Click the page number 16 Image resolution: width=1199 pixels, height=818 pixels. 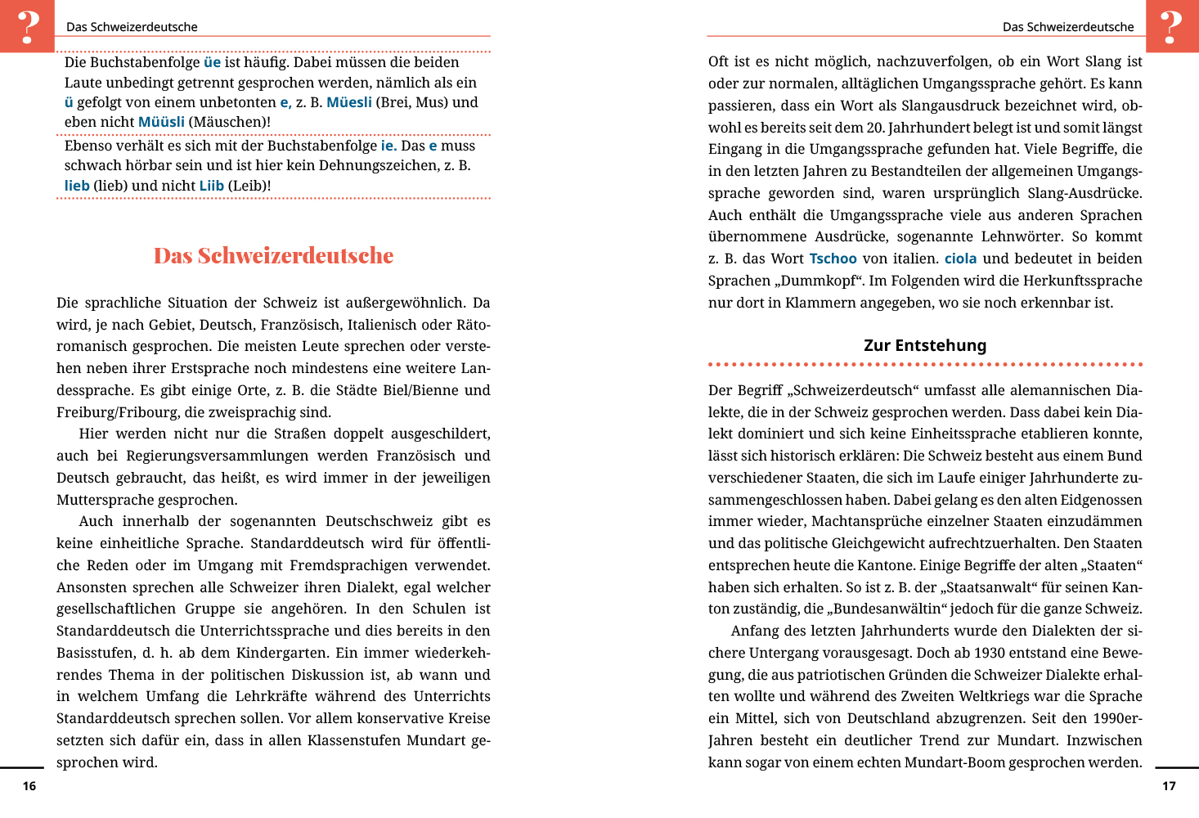click(x=29, y=786)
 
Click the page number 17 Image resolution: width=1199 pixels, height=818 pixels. click(x=1169, y=786)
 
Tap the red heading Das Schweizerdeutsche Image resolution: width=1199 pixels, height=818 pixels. click(x=273, y=256)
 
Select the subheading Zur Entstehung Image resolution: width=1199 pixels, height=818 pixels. click(x=925, y=345)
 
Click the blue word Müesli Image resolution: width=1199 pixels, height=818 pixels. click(x=349, y=102)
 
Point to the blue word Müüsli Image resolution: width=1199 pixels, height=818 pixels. click(x=161, y=122)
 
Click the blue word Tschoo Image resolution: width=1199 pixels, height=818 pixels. click(x=833, y=258)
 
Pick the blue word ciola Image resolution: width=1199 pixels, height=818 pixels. click(x=960, y=258)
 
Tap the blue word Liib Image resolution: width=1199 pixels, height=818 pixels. click(x=211, y=186)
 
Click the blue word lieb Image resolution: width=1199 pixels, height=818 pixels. click(x=77, y=186)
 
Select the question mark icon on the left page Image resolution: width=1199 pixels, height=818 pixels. click(x=27, y=26)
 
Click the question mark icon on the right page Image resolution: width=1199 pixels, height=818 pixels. click(x=1172, y=26)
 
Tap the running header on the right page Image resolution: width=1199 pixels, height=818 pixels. click(x=1068, y=27)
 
